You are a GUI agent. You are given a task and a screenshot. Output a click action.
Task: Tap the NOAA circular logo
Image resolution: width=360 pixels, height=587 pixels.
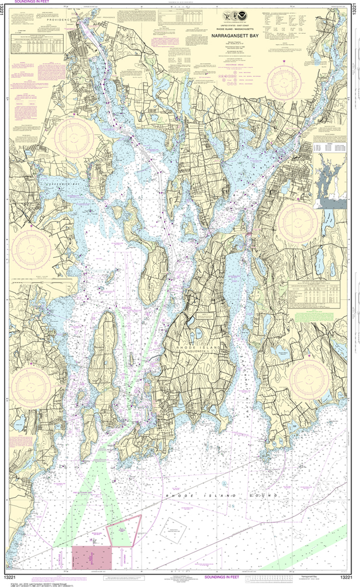coord(245,16)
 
